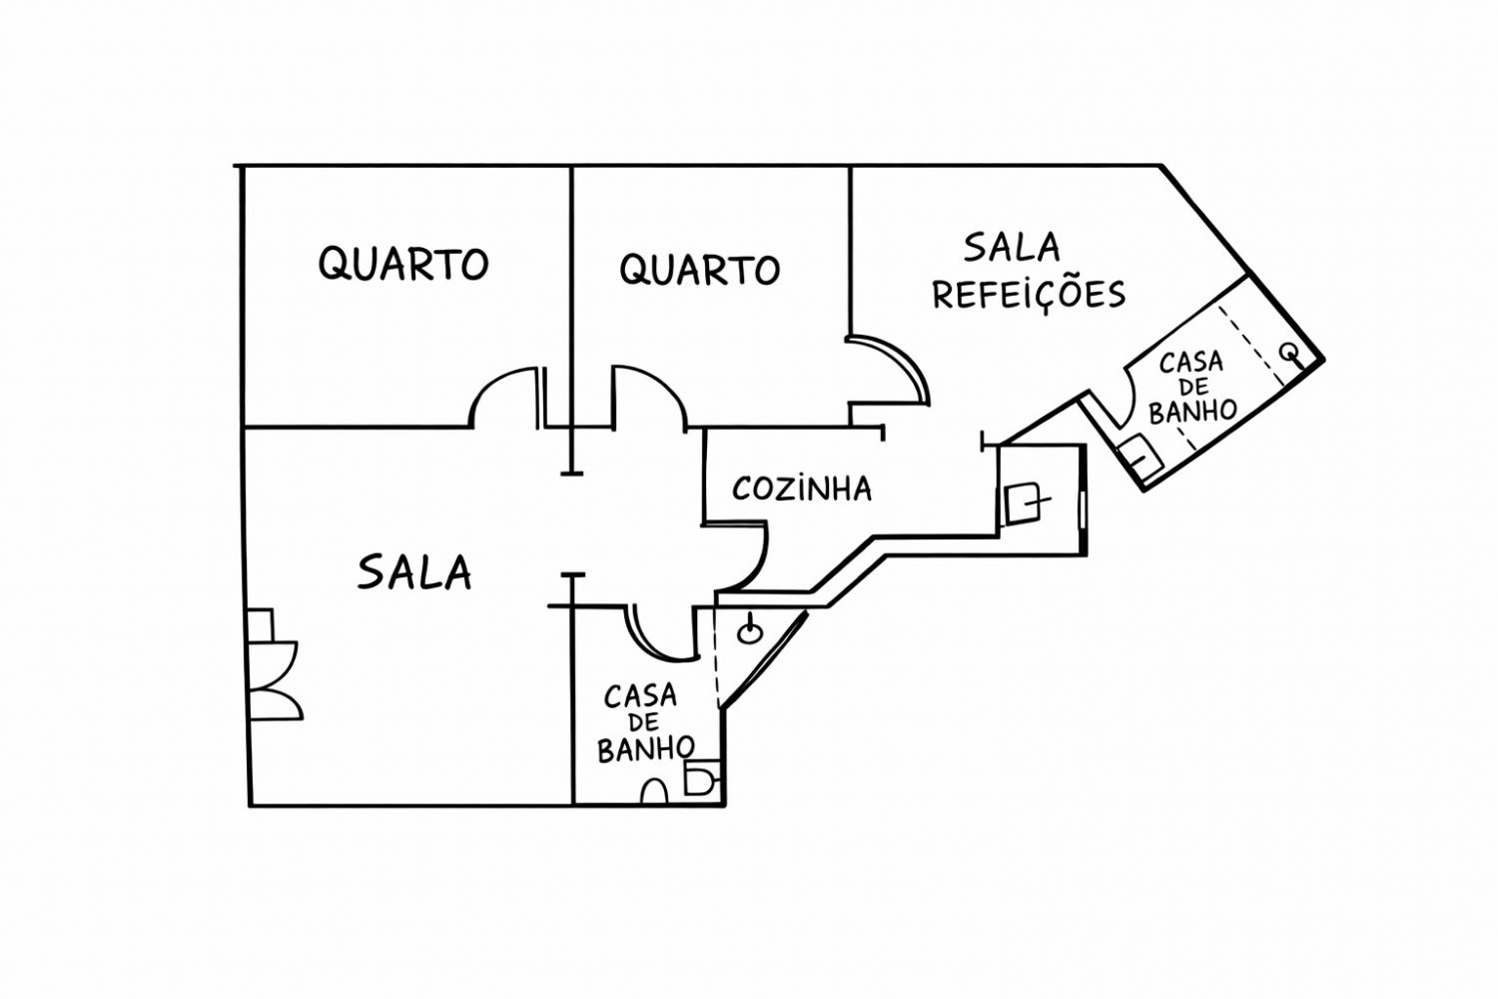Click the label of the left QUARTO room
tap(403, 264)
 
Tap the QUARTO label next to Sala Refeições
tap(699, 270)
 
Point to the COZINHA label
tap(802, 489)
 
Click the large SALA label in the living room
tap(414, 572)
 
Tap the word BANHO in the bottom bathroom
tap(646, 748)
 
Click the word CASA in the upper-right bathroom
tap(1191, 361)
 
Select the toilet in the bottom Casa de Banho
tap(702, 779)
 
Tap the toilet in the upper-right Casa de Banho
tap(1139, 456)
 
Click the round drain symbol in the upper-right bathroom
tap(1290, 352)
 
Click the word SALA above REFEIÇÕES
tap(1012, 246)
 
